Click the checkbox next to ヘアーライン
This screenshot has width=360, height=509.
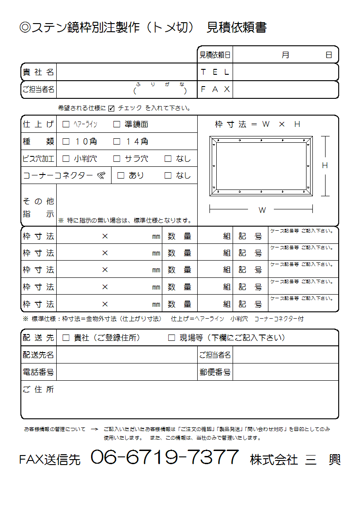coord(66,124)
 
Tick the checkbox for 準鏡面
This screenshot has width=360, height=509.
coord(117,124)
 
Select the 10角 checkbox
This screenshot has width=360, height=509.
coord(66,141)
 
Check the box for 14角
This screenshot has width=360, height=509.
coord(117,141)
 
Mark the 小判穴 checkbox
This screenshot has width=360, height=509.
coord(66,159)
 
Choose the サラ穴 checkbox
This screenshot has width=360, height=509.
coord(117,159)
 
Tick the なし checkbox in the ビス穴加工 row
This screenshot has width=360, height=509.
coord(168,159)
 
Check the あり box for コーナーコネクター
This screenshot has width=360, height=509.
coord(121,175)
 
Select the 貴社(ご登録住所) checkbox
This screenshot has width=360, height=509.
coord(66,338)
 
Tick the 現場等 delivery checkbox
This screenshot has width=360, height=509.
coord(171,338)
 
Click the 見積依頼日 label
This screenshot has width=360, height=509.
coord(215,55)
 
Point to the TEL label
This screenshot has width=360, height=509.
coord(215,72)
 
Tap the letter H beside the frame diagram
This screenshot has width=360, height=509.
coord(325,166)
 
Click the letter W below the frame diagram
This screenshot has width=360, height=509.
coord(262,210)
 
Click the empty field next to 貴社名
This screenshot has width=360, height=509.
coord(126,72)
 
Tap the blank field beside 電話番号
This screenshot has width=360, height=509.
coord(126,372)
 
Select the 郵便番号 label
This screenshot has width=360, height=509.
coord(215,372)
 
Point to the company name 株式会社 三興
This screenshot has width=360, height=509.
coord(295,460)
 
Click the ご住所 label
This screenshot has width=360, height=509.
coord(38,389)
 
